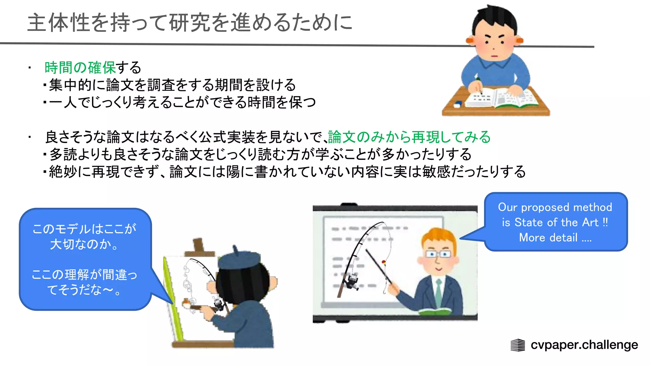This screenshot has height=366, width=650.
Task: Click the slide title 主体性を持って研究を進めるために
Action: point(190,23)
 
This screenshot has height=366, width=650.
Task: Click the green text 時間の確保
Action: point(80,68)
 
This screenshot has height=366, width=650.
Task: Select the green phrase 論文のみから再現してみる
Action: point(409,137)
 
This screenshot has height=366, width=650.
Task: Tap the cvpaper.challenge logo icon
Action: point(518,345)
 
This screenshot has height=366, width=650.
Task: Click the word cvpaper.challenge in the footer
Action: point(584,345)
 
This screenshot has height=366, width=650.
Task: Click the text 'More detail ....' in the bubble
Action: point(555,238)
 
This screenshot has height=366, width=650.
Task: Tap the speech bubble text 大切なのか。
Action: point(84,244)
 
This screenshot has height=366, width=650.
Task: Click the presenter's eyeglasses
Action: point(438,254)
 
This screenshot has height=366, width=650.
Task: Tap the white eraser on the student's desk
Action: point(458,104)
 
